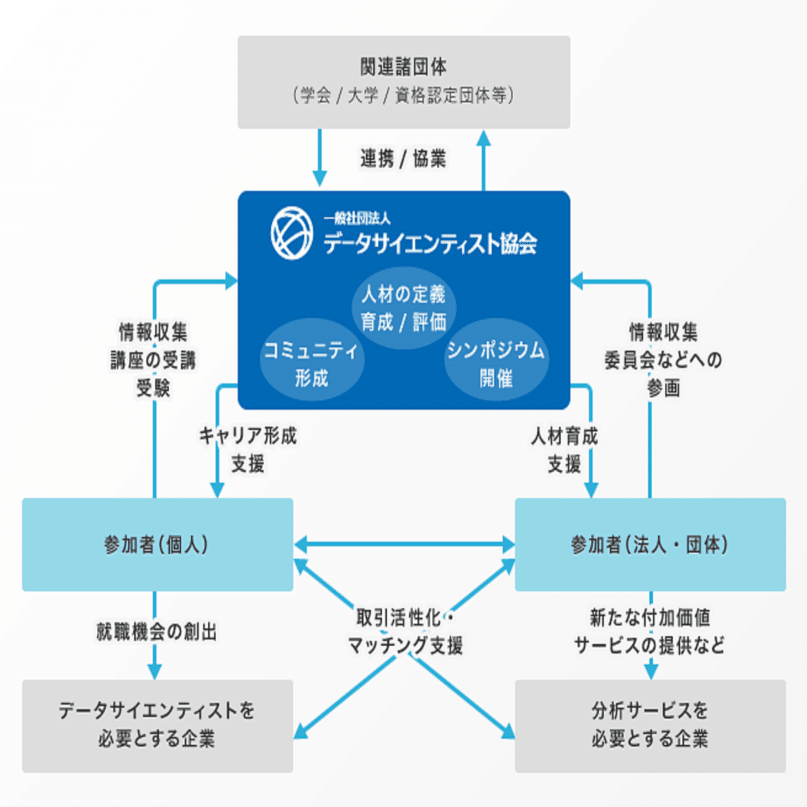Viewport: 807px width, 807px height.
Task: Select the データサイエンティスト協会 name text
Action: coord(430,243)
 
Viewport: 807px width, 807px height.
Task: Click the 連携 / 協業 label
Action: coord(403,159)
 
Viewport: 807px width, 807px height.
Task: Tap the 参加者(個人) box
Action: coord(157,545)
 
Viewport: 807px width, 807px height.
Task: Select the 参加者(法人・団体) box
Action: coord(650,545)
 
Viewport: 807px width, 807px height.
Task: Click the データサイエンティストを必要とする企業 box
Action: coord(157,725)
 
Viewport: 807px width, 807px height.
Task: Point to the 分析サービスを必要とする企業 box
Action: coord(650,725)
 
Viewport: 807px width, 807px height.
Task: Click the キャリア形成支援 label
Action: coord(248,450)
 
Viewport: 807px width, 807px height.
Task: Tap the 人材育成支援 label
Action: coord(565,450)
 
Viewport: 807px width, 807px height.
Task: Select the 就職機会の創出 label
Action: coord(156,632)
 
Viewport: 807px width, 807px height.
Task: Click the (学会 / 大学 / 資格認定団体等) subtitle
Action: coord(403,96)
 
